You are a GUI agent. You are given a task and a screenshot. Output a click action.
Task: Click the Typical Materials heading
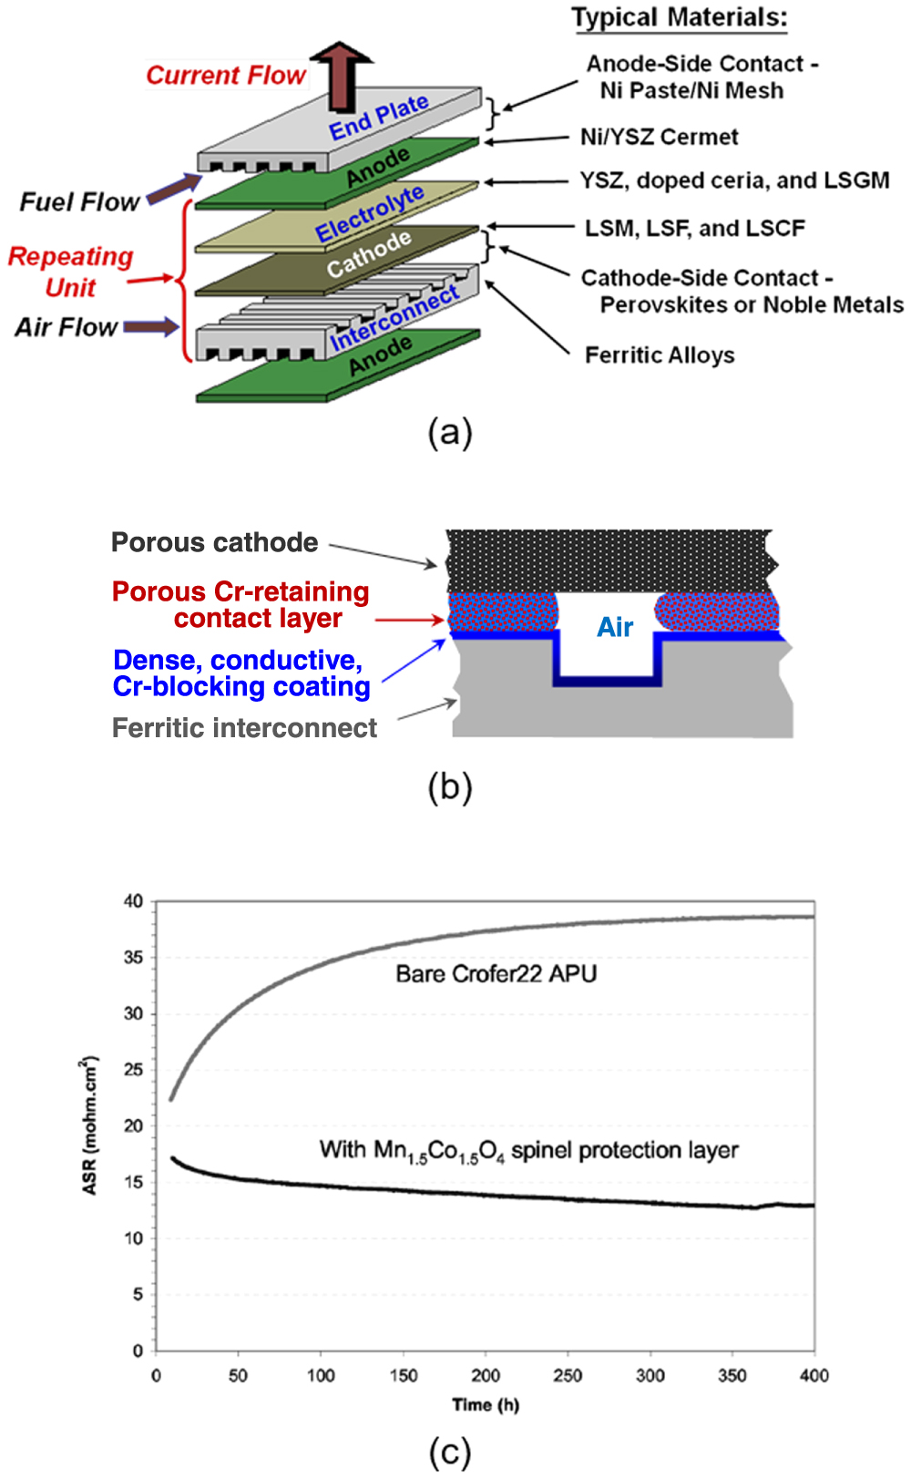click(679, 17)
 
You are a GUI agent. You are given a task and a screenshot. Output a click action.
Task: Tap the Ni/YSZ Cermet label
click(659, 137)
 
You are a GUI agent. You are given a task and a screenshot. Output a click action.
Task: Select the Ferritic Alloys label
click(659, 354)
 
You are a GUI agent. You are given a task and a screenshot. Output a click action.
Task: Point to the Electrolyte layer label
click(369, 214)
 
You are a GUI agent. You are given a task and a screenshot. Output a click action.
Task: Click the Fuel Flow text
click(79, 201)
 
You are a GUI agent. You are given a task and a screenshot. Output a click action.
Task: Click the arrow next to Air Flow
click(151, 326)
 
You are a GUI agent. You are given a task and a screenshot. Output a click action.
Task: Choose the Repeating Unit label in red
click(70, 272)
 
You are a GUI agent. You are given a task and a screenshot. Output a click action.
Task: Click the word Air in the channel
click(615, 627)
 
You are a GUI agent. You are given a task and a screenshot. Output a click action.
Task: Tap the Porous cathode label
click(214, 542)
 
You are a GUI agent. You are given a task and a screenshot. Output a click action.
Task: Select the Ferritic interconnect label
click(244, 727)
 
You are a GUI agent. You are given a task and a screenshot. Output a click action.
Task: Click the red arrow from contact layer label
click(409, 620)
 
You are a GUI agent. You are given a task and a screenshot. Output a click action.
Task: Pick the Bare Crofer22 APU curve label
click(496, 973)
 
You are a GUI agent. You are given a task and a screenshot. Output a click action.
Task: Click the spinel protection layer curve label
click(528, 1151)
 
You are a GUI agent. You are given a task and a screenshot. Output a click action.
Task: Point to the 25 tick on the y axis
click(134, 1069)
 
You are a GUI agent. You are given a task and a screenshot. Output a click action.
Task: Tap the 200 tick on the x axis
click(485, 1375)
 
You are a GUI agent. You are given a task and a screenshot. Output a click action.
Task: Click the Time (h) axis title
click(485, 1404)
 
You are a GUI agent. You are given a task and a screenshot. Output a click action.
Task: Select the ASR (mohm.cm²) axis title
click(89, 1125)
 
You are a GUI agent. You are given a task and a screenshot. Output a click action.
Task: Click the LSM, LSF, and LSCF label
click(694, 228)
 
